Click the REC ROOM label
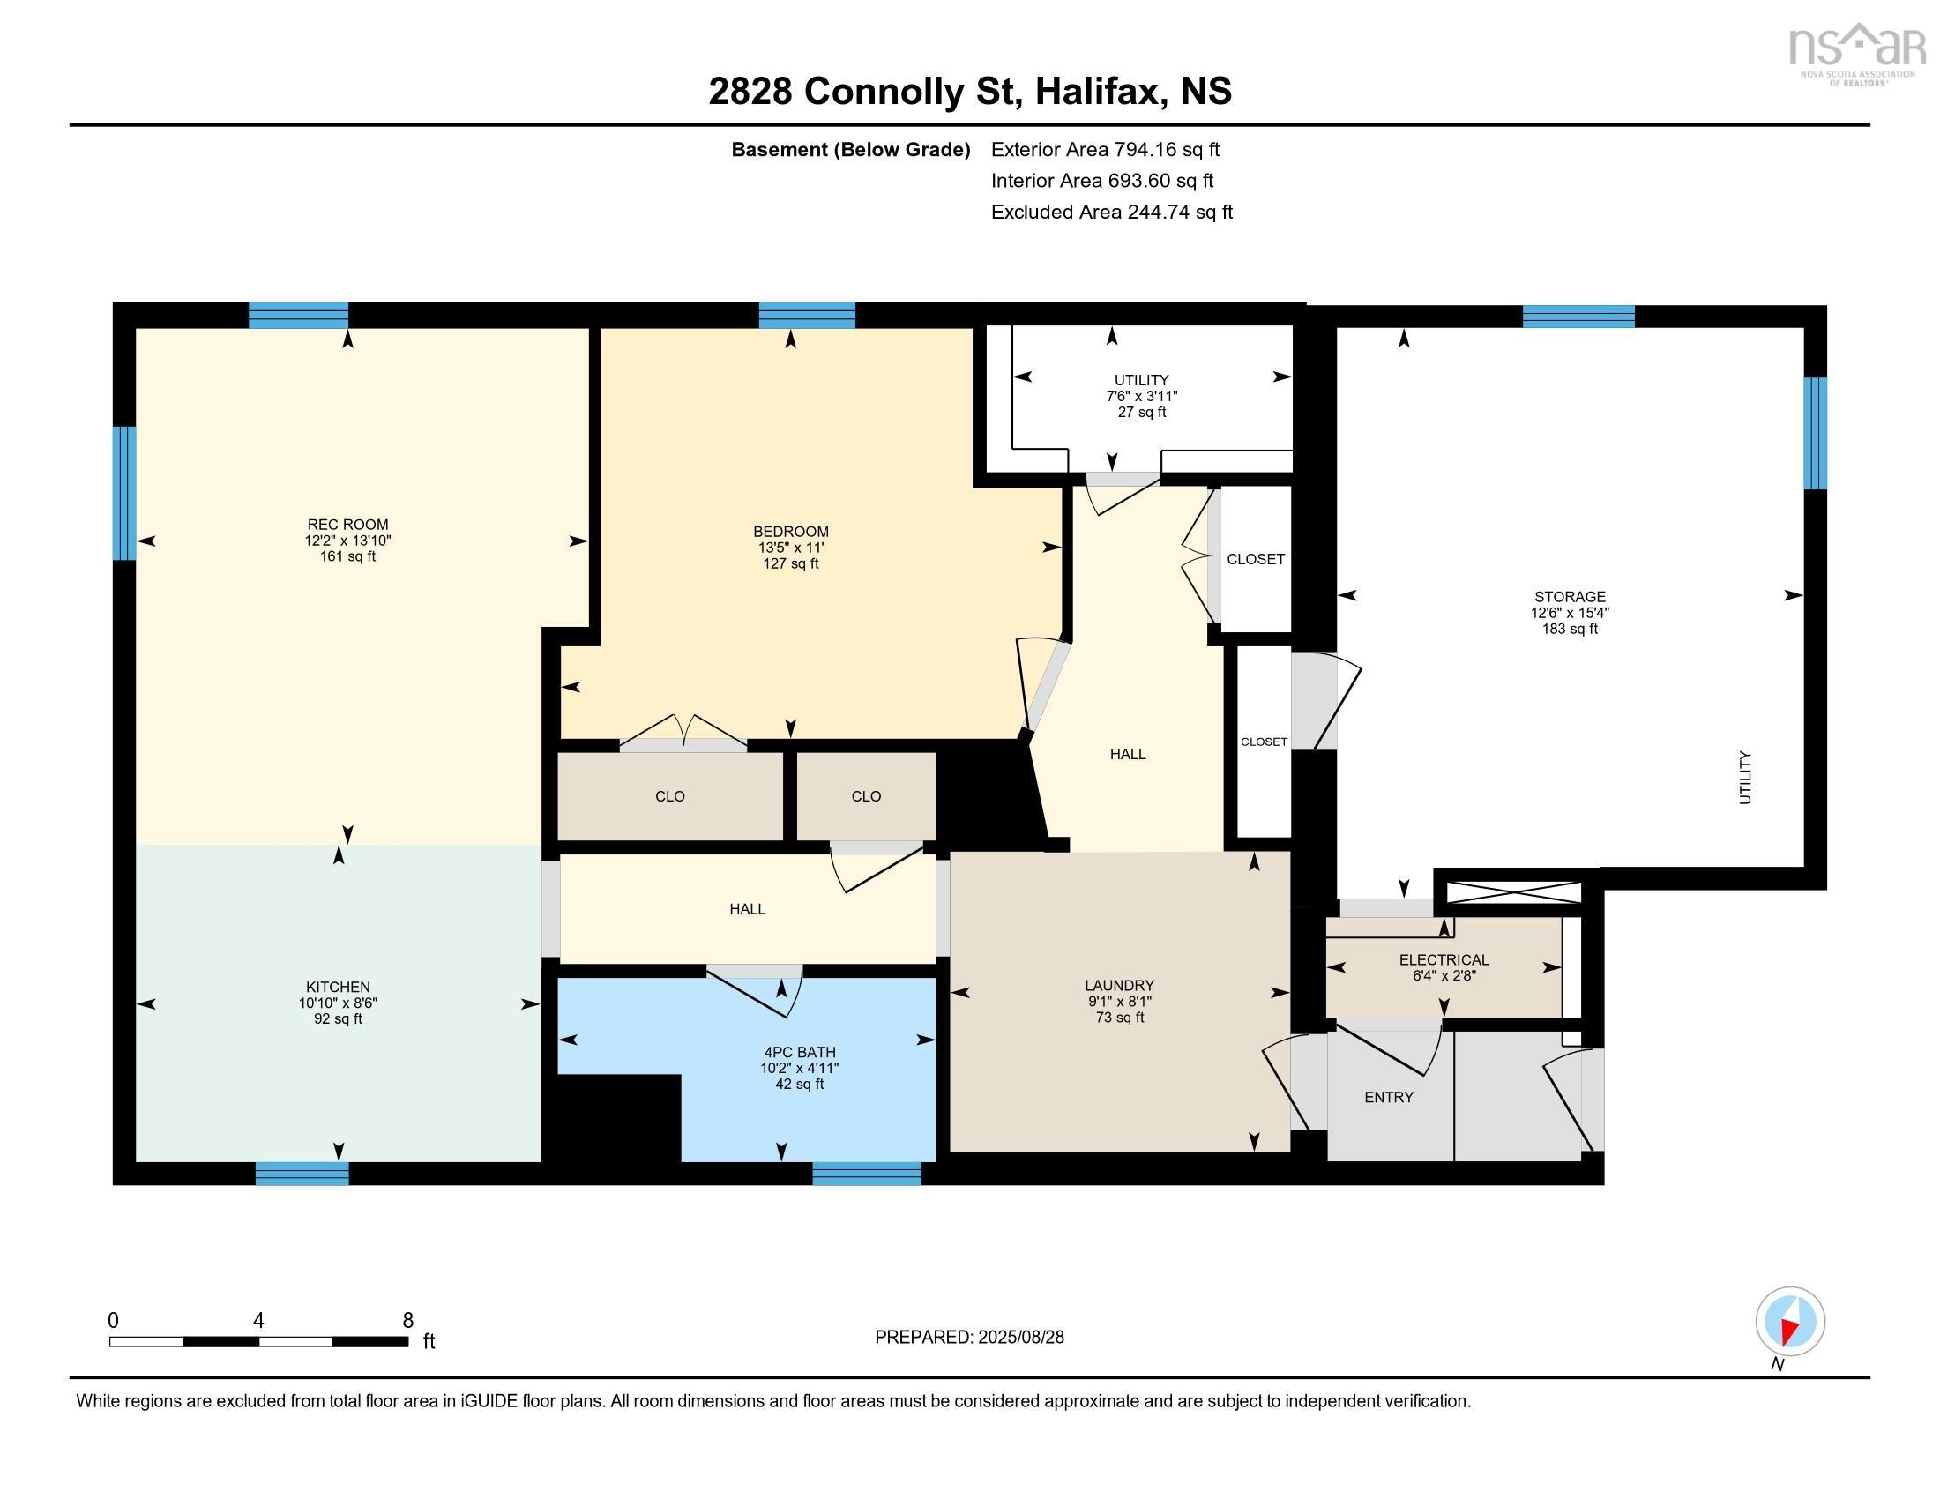point(348,525)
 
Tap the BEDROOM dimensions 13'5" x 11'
point(791,548)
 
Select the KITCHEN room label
point(339,987)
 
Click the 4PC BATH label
point(800,1052)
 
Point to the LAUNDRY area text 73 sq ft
point(1120,1018)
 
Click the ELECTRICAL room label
point(1444,960)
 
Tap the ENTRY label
point(1389,1098)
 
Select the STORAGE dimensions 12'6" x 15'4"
point(1570,613)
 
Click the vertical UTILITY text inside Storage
point(1745,778)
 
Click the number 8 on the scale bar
point(407,1321)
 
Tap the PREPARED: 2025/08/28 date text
point(969,1338)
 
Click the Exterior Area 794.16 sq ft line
point(1106,149)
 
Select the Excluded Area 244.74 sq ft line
point(1112,212)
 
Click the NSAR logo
point(1855,51)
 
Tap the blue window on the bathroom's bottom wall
point(867,1174)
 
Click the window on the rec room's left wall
point(124,494)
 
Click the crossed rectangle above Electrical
point(1513,892)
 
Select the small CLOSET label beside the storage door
point(1264,742)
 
